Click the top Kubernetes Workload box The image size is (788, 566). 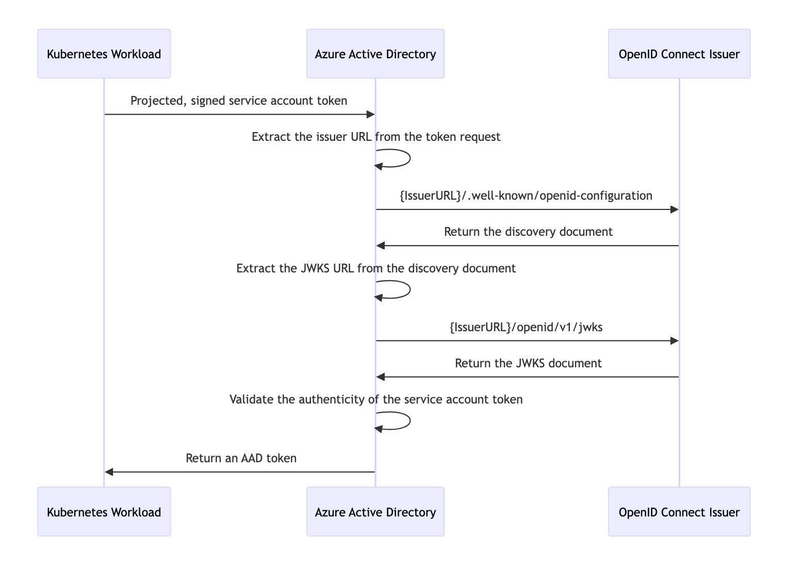pos(104,54)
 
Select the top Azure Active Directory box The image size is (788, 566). pos(375,54)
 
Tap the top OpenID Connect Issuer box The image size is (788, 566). pos(679,54)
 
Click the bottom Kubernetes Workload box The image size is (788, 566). pos(104,512)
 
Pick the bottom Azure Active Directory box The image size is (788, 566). pos(375,512)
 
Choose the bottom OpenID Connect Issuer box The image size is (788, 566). pos(679,512)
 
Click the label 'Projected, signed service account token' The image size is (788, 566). pos(239,101)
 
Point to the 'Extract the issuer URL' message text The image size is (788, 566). pos(376,137)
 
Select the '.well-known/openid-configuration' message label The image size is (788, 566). pos(526,196)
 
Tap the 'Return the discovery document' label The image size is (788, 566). pos(528,232)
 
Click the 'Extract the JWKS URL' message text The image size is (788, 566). pos(376,268)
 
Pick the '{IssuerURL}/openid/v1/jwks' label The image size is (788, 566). pos(526,327)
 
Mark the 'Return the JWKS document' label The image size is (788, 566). pos(528,363)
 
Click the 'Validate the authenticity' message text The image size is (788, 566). pos(376,399)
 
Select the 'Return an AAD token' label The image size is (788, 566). pos(241,458)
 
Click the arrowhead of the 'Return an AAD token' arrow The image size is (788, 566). pos(109,472)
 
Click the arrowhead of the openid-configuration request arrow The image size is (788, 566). pos(674,209)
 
